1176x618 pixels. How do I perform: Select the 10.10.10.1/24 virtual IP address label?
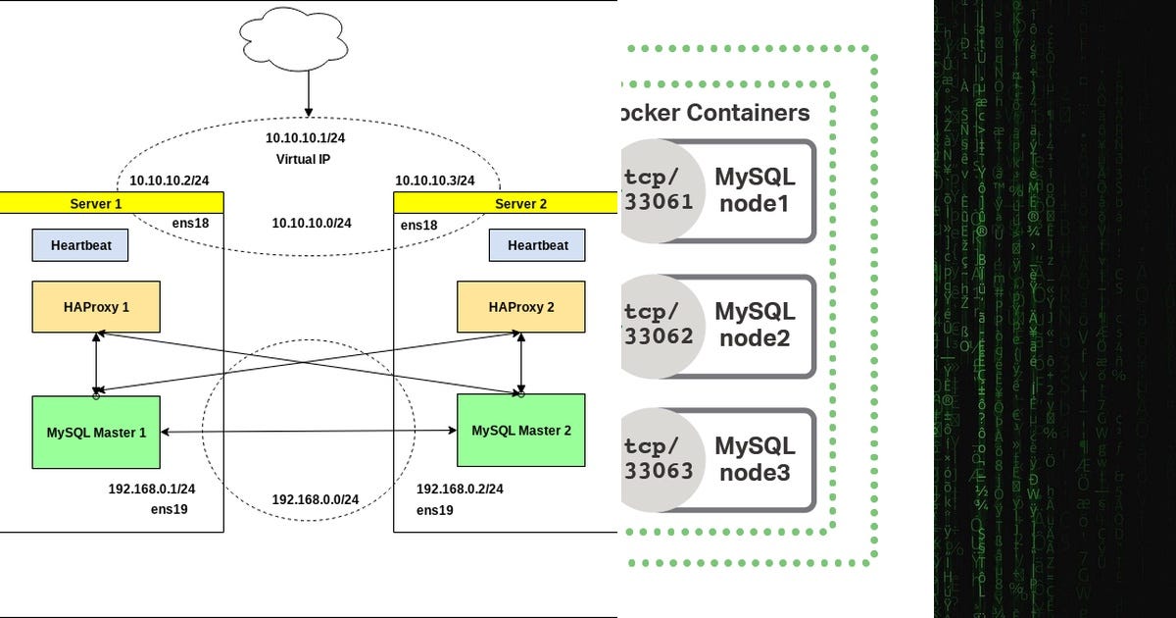305,138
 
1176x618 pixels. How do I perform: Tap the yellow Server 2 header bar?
505,203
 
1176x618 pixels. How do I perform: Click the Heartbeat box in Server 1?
79,245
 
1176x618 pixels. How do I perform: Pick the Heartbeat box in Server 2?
537,245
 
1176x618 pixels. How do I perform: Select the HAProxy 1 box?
96,307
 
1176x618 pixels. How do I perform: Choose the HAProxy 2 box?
521,307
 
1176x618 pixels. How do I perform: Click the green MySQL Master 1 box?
96,432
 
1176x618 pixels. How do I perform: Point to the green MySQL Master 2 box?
521,431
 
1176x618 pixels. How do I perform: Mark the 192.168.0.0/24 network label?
316,499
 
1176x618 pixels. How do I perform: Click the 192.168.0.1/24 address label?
152,489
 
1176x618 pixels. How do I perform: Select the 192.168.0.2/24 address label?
460,489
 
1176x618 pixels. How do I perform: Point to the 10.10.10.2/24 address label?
170,180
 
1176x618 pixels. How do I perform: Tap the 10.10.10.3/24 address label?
434,180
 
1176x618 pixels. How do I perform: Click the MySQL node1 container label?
755,190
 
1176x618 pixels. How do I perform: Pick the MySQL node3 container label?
755,459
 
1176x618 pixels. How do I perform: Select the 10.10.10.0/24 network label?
312,224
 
